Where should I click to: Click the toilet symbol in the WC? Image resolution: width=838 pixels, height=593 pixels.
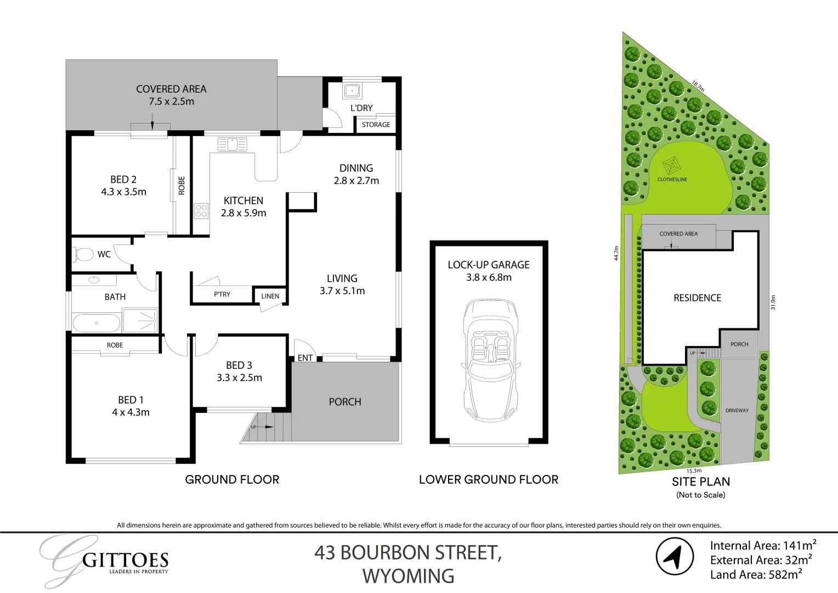click(x=83, y=254)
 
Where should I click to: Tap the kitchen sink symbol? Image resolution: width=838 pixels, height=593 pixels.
click(x=233, y=144)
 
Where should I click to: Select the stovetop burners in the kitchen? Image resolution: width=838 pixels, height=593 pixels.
click(x=201, y=211)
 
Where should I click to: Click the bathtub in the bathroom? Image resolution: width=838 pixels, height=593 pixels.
click(x=96, y=323)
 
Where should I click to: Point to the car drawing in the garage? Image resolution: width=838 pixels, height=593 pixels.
click(x=490, y=360)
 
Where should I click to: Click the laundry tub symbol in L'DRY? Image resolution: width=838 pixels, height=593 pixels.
click(x=352, y=91)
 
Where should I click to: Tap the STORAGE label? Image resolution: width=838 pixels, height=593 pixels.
click(x=376, y=125)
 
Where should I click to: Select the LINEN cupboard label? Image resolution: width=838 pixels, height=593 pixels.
click(x=270, y=296)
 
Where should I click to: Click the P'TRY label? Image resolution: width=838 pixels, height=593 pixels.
click(x=222, y=294)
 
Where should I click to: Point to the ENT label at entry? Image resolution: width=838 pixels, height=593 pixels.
click(x=305, y=358)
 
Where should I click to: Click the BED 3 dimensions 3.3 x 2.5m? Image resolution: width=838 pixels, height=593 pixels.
click(x=239, y=378)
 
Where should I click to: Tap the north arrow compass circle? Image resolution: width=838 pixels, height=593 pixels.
click(x=675, y=557)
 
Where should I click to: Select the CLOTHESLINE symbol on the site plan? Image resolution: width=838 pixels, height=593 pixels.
click(x=671, y=165)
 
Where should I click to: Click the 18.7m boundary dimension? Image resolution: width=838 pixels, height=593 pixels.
click(x=698, y=86)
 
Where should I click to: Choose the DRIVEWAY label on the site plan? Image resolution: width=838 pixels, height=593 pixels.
click(x=737, y=410)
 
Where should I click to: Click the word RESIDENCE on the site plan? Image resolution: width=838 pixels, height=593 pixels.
click(x=697, y=298)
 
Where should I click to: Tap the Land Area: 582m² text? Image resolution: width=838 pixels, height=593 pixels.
click(x=756, y=575)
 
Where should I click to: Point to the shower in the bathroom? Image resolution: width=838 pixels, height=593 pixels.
click(x=140, y=320)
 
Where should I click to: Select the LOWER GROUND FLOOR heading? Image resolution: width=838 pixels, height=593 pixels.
click(x=488, y=479)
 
